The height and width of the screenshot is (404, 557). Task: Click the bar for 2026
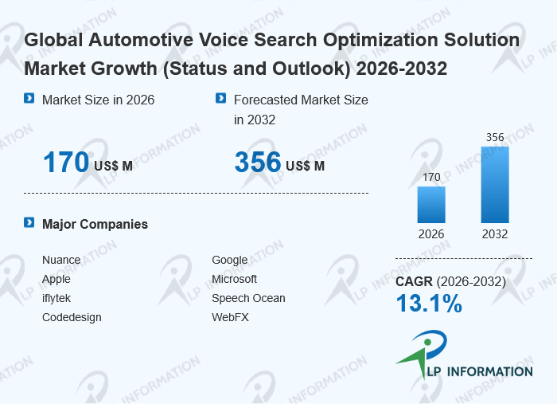431,204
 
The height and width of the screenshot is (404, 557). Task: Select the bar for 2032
495,184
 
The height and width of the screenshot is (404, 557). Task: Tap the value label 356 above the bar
495,137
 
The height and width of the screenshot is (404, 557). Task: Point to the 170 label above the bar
431,177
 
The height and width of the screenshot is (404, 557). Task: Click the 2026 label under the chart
431,234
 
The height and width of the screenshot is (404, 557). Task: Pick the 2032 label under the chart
495,234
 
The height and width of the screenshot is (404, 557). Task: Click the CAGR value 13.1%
429,303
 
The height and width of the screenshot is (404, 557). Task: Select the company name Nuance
60,260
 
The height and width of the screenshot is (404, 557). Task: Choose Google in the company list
229,260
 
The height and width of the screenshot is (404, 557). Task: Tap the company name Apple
56,279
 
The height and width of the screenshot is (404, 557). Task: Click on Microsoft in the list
234,279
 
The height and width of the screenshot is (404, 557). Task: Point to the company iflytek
56,298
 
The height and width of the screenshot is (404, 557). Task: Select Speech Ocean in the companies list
248,298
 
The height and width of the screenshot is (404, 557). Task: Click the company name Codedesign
72,317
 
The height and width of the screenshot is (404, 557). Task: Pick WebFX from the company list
229,317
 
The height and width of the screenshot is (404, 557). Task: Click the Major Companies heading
95,224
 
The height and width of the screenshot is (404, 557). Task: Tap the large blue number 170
65,163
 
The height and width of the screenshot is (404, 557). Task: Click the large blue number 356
258,163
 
